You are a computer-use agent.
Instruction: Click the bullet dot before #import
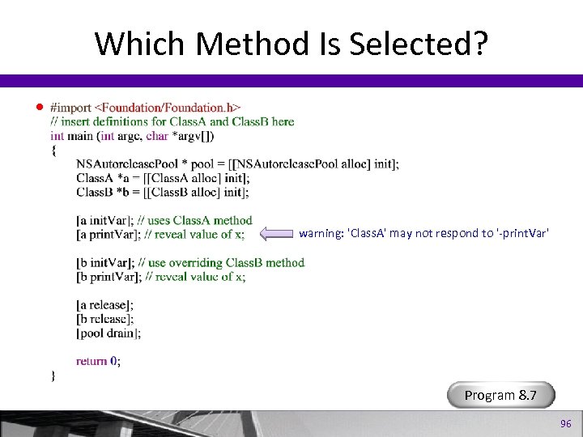37,108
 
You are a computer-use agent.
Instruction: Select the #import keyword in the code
71,107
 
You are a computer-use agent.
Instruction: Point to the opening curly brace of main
53,150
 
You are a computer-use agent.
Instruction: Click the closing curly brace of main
53,375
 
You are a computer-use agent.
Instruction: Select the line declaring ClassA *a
151,178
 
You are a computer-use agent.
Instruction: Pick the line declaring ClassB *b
151,193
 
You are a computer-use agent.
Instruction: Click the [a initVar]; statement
104,220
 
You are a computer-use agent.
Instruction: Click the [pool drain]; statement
109,333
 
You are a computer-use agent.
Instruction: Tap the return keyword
91,361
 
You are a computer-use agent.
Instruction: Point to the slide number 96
565,424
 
